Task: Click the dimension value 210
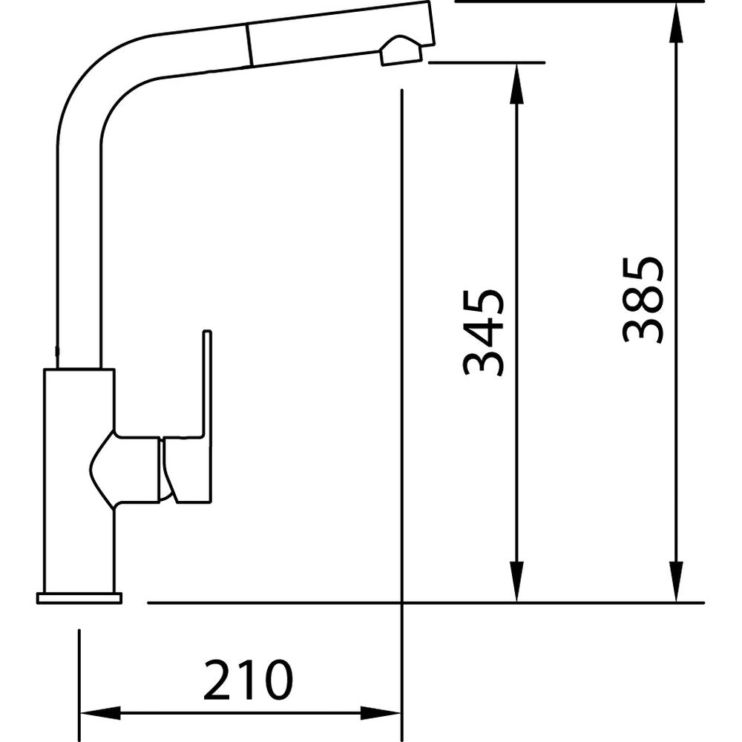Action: [x=248, y=680]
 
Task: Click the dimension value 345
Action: [x=483, y=332]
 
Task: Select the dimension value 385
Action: [x=643, y=299]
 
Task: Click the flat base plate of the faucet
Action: [x=79, y=598]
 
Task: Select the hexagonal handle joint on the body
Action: [x=125, y=470]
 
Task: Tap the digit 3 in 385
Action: [x=643, y=327]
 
